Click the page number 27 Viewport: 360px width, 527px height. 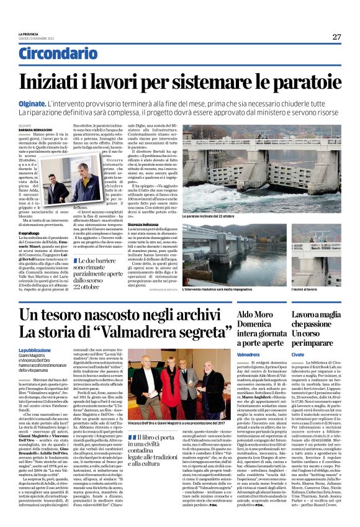pyautogui.click(x=336, y=37)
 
